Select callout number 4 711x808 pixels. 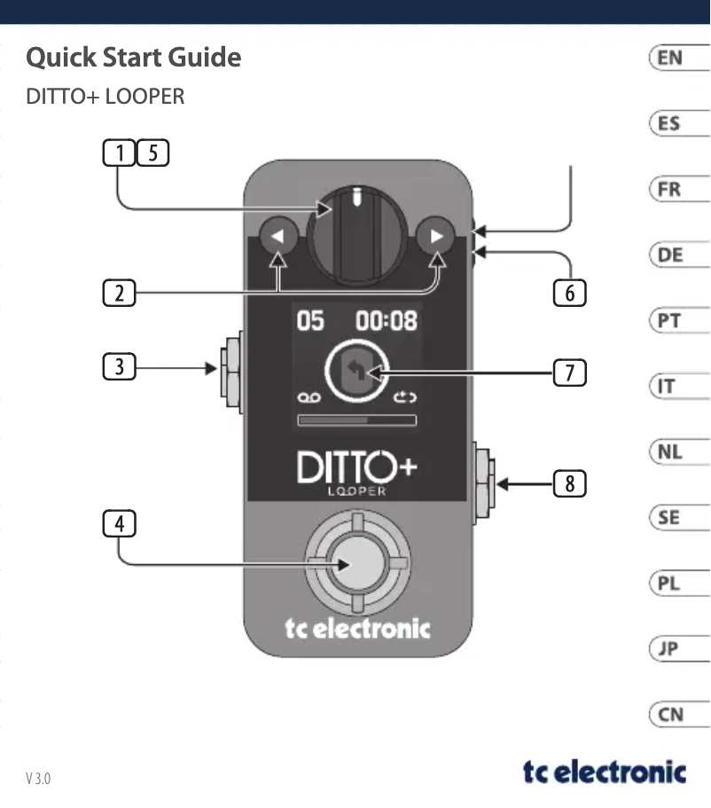point(119,524)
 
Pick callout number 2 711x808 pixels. point(119,292)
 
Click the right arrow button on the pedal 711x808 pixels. point(435,237)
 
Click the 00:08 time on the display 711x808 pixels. point(387,320)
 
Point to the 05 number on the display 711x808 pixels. point(310,320)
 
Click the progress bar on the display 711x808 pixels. point(356,420)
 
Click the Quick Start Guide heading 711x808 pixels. point(134,58)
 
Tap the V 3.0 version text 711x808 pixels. point(38,779)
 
